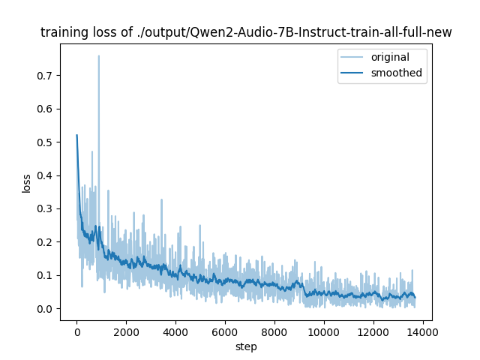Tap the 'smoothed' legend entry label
397,73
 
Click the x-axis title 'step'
246,347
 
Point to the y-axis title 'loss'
26,183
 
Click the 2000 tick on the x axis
126,331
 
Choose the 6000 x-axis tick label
225,331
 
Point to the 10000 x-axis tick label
324,331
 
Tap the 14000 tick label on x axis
423,331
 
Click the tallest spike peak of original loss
98,55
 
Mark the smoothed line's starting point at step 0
76,136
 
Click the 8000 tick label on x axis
274,331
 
